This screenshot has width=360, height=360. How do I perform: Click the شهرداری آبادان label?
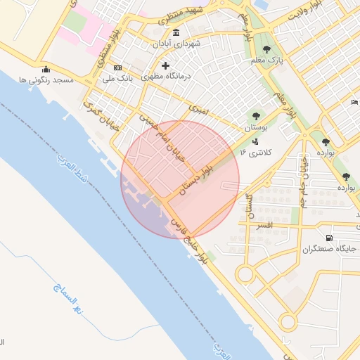175,44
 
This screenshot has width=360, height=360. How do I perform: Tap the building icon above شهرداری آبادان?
175,33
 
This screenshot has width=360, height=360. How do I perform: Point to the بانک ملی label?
98,77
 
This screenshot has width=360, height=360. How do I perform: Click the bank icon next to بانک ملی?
117,67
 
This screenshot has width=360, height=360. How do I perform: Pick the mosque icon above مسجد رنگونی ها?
46,70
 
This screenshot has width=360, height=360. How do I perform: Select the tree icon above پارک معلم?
266,49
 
